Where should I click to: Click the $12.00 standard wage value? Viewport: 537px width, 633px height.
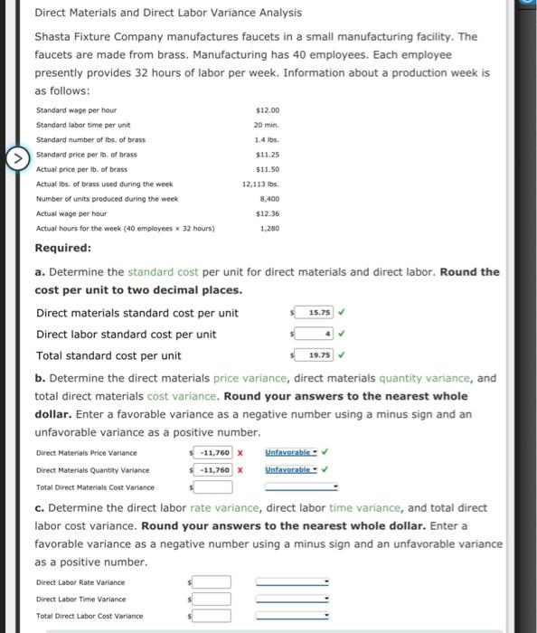tap(268, 109)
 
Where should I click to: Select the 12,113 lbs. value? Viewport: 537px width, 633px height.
tap(265, 184)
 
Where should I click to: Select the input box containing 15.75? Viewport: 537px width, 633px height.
tap(316, 313)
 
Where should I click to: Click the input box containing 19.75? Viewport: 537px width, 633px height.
tap(316, 354)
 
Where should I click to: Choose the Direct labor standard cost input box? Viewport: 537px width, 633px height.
tap(316, 334)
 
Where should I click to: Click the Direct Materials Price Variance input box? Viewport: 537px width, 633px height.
tap(214, 452)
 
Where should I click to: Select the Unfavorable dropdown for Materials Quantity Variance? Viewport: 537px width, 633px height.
tap(292, 470)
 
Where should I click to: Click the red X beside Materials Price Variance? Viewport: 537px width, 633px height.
tap(240, 452)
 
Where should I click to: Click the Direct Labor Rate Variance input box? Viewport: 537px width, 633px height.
tap(212, 582)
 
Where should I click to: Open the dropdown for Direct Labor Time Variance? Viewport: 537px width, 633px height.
tap(292, 599)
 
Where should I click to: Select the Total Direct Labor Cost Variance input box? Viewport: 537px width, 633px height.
tap(212, 616)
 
